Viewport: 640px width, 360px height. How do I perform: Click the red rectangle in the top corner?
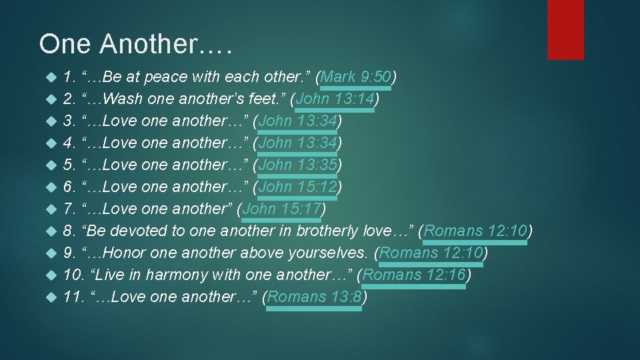[x=565, y=29]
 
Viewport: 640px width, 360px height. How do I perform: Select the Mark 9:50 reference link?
[x=355, y=77]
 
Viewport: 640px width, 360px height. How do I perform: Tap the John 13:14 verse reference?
[x=337, y=99]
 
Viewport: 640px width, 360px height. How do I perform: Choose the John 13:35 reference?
[x=299, y=165]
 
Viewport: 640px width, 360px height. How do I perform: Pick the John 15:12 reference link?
[x=299, y=187]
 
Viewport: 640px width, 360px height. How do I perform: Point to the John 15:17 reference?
[x=283, y=209]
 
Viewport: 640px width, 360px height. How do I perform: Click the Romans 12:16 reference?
[x=414, y=275]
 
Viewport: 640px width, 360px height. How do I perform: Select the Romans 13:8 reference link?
[x=315, y=297]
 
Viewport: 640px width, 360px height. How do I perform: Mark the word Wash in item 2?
[x=123, y=99]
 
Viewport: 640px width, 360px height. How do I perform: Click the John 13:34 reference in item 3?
[x=299, y=121]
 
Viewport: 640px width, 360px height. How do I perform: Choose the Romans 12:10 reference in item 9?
[x=431, y=253]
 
